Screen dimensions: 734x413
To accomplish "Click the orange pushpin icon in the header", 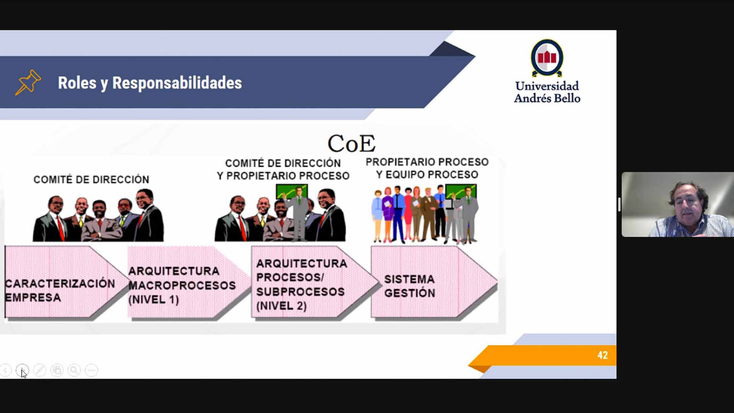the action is [28, 82].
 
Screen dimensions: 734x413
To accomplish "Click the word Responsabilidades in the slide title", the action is [177, 83].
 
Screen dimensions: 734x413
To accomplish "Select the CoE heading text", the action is [351, 143].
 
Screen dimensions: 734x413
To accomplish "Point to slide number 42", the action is [602, 355].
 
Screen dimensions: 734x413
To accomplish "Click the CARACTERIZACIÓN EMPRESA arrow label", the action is [60, 290].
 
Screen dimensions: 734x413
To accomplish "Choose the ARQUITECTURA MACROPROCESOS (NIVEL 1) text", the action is [182, 285].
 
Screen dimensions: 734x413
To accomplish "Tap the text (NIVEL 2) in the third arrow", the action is [281, 306].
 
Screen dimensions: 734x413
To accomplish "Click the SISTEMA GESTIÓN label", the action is [409, 286].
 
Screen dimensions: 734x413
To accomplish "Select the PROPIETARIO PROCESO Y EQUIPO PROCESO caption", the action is [427, 168].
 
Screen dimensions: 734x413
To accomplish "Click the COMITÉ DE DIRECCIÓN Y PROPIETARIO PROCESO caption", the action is [283, 169].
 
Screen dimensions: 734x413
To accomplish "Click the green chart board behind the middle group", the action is [292, 192].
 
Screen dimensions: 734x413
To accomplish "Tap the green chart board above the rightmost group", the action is [461, 191].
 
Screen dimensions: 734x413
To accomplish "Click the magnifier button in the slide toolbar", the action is [74, 370].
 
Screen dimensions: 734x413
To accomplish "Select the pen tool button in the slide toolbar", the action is [40, 370].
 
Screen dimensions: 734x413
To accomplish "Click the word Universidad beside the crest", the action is [547, 86].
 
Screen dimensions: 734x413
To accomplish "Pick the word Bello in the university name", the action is [567, 98].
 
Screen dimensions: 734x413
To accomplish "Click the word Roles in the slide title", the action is [77, 83].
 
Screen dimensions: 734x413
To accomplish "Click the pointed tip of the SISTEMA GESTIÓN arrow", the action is [497, 283].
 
